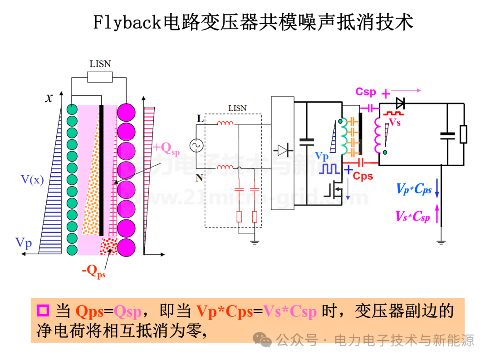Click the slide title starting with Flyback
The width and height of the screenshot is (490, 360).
coord(253,22)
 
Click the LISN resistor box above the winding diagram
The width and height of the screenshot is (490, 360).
coord(100,77)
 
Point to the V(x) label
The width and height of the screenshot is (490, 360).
coord(32,180)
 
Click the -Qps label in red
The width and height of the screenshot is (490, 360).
coord(94,271)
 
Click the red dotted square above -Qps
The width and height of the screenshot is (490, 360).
coord(109,246)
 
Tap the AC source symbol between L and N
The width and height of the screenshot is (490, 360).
coord(196,146)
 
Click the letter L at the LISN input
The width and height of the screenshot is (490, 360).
coord(200,119)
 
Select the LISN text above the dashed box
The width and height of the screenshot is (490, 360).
coord(237,108)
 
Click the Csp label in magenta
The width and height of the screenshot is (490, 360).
coord(366,92)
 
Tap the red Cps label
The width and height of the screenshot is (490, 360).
coord(363,176)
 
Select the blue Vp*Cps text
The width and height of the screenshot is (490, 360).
coord(414,189)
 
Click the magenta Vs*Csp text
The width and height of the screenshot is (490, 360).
coord(412,217)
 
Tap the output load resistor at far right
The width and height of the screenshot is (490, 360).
coord(463,134)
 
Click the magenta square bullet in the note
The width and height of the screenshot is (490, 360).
coord(43,311)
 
